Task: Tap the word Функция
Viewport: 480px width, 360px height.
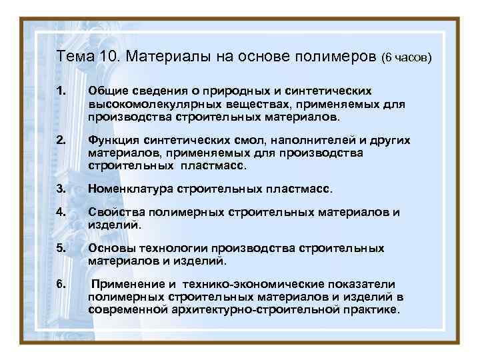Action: [113, 141]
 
